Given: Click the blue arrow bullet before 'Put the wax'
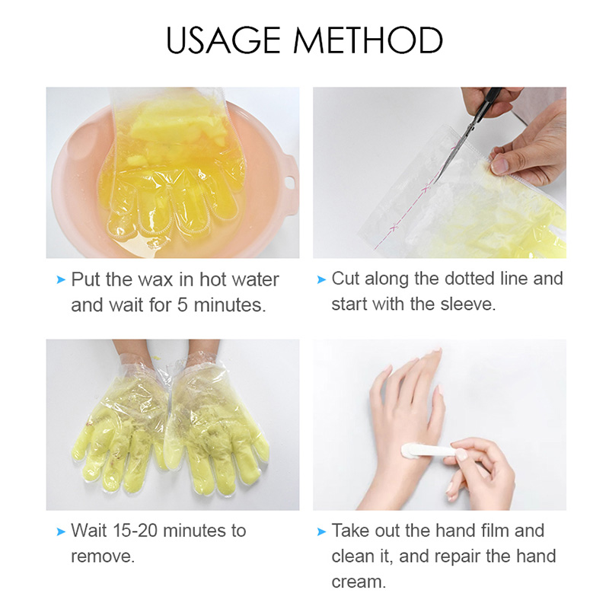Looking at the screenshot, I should point(61,280).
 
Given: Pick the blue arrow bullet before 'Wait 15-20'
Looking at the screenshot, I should point(61,531).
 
